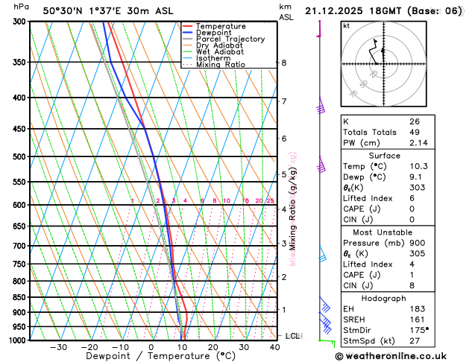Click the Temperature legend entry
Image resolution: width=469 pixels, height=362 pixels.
[x=221, y=26]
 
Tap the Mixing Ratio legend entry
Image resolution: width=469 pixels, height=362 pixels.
[x=220, y=65]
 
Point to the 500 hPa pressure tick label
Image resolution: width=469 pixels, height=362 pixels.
[x=20, y=157]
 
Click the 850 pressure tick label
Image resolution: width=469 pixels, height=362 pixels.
[x=20, y=297]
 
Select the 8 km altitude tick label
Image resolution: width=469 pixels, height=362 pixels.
[x=284, y=63]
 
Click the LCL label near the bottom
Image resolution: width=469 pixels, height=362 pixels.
[x=293, y=336]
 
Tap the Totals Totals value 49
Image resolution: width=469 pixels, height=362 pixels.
[x=415, y=132]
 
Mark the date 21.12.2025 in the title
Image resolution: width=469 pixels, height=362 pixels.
[x=335, y=11]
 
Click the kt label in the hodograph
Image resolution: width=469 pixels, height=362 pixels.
[x=346, y=26]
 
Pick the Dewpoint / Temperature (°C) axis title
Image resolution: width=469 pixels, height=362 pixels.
[x=151, y=356]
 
